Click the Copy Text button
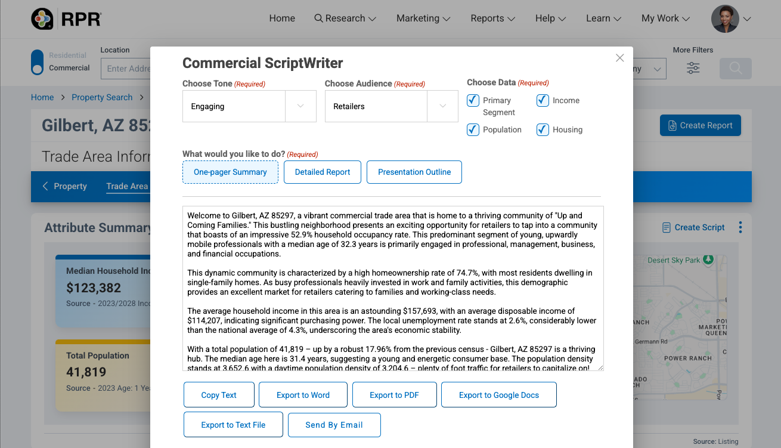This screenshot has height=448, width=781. pos(219,395)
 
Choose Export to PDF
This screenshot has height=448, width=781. pos(394,395)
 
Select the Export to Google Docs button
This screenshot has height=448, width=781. pos(498,395)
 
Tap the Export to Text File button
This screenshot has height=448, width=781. pos(233,425)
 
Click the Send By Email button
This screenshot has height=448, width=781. pos(334,425)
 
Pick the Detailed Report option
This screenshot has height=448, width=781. pos(323,172)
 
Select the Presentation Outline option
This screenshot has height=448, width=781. pos(414,172)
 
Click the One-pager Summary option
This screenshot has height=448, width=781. pos(230,172)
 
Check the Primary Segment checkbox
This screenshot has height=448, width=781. pos(473,100)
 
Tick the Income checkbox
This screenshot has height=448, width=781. pos(543,100)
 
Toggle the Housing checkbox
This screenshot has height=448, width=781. pos(543,129)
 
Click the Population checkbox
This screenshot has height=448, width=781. pos(473,129)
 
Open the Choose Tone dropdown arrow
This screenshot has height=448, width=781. pos(300,106)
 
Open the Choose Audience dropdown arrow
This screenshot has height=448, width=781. pos(442,106)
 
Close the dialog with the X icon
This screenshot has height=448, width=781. pos(620,58)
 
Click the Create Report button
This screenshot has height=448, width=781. pos(700,125)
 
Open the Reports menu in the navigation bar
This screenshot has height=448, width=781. pos(492,18)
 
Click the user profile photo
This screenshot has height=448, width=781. pos(725,18)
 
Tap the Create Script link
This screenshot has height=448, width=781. pos(693,227)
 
